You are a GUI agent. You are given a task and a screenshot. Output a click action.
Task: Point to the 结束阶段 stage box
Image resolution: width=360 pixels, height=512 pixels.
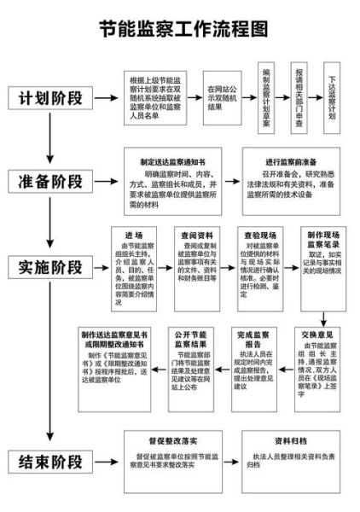(x=52, y=462)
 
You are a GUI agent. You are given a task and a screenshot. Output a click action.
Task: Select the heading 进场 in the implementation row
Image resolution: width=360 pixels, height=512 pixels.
(x=134, y=235)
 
